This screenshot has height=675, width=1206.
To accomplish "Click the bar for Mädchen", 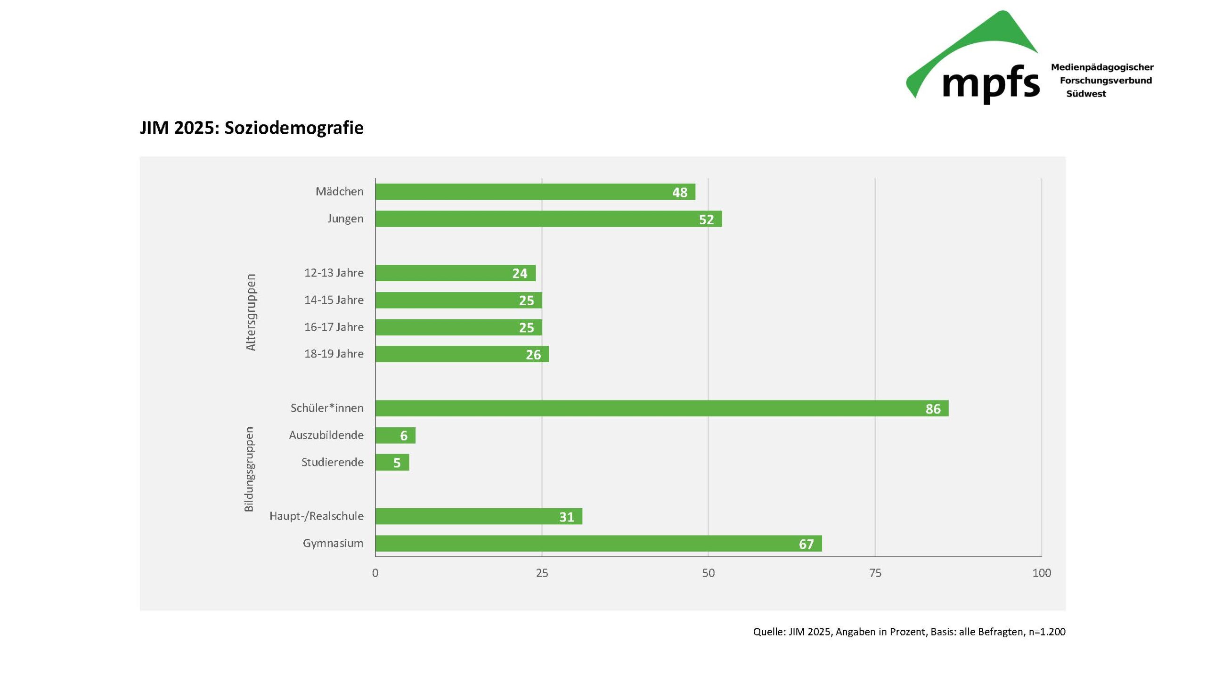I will coord(535,192).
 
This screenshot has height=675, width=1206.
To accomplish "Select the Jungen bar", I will coord(548,219).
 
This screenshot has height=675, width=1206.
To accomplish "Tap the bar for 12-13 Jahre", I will coord(455,273).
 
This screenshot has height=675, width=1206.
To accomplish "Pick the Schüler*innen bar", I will coord(661,408).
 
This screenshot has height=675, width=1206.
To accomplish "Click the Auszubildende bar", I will coord(395,435).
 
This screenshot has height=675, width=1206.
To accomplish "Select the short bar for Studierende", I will coord(392,463).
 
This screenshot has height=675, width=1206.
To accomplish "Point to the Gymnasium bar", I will coord(598,544).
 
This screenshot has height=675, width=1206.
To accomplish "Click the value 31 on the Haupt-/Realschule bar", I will coord(566,517).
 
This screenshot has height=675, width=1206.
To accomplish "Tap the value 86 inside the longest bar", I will coord(932,409).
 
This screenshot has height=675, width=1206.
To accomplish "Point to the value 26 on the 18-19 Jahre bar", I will coord(533,355).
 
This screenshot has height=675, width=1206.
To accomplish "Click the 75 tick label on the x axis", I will coord(875,573).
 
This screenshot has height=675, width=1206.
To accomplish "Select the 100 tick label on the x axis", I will coord(1041,573).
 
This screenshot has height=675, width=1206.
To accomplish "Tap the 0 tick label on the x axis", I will coord(375,573).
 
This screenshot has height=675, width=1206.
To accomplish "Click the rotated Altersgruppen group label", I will coord(251,312).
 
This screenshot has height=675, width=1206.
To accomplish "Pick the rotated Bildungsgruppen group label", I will coord(249,469).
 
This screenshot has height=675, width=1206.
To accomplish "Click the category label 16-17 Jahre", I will coord(334,327).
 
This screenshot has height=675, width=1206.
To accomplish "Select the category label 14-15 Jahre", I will coord(334,300).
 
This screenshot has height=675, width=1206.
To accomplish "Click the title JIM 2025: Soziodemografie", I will coord(252,128).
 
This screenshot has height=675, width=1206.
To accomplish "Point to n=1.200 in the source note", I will coord(1047,632).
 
